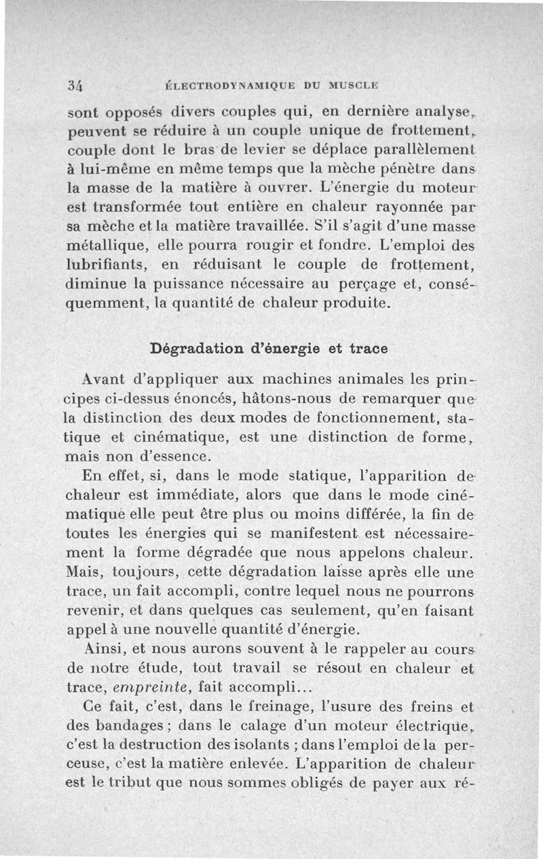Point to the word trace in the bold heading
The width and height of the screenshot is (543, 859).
point(369,349)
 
